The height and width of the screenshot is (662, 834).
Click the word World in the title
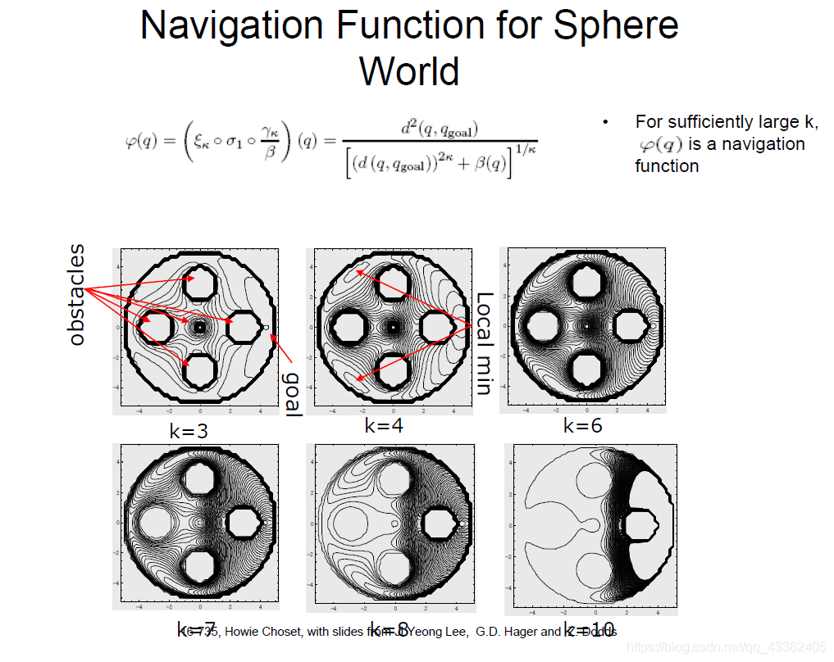click(x=408, y=70)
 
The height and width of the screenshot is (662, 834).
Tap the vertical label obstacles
click(x=77, y=294)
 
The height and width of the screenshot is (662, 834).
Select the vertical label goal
click(x=292, y=393)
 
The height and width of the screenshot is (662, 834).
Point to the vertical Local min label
click(x=484, y=343)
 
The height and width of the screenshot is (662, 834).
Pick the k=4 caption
click(x=384, y=426)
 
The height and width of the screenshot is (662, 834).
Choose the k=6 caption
click(x=583, y=426)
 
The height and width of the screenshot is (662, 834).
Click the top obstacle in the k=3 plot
click(x=200, y=285)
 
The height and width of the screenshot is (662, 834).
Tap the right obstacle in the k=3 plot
click(x=243, y=327)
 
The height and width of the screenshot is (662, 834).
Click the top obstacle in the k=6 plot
click(x=587, y=283)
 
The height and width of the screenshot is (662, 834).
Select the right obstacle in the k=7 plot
click(x=243, y=521)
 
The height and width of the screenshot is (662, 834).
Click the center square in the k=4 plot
click(x=394, y=326)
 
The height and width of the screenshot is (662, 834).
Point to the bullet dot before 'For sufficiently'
click(x=606, y=123)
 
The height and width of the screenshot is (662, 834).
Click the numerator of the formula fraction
click(x=440, y=129)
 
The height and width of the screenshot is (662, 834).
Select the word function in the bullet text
click(x=667, y=165)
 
